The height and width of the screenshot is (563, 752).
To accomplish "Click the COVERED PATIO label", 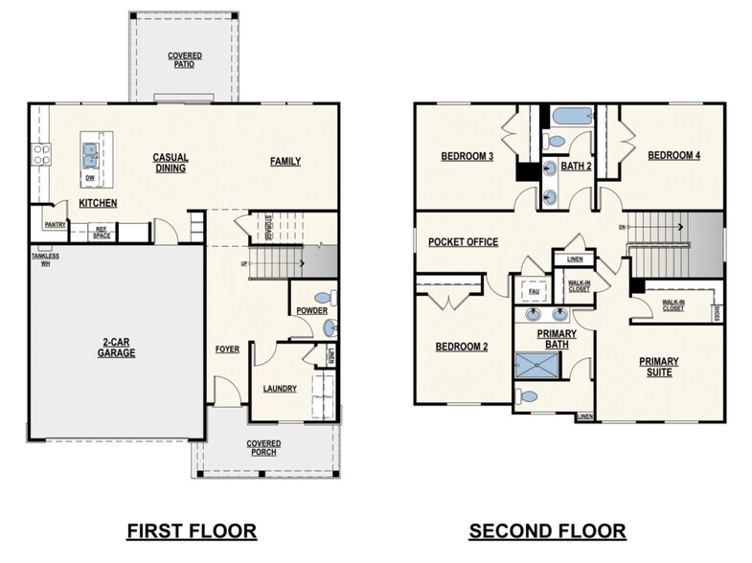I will [185, 60].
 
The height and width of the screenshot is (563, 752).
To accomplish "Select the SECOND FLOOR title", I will [547, 529].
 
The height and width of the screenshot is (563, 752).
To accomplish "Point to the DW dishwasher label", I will [89, 177].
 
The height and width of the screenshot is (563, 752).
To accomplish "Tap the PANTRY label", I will [54, 224].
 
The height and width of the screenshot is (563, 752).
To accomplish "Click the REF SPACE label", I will [102, 232].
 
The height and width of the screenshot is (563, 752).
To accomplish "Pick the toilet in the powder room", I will [328, 297].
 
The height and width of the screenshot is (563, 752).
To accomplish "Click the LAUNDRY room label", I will [279, 389].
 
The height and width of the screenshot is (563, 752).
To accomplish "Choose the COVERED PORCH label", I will [262, 448].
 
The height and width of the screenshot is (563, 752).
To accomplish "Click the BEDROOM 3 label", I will [467, 156].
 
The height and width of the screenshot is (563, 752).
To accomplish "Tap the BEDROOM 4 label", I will [673, 155].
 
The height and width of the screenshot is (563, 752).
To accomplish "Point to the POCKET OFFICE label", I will [463, 242].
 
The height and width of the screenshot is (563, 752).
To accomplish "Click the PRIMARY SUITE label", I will [659, 367].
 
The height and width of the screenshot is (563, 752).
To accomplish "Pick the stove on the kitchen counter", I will [41, 151].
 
